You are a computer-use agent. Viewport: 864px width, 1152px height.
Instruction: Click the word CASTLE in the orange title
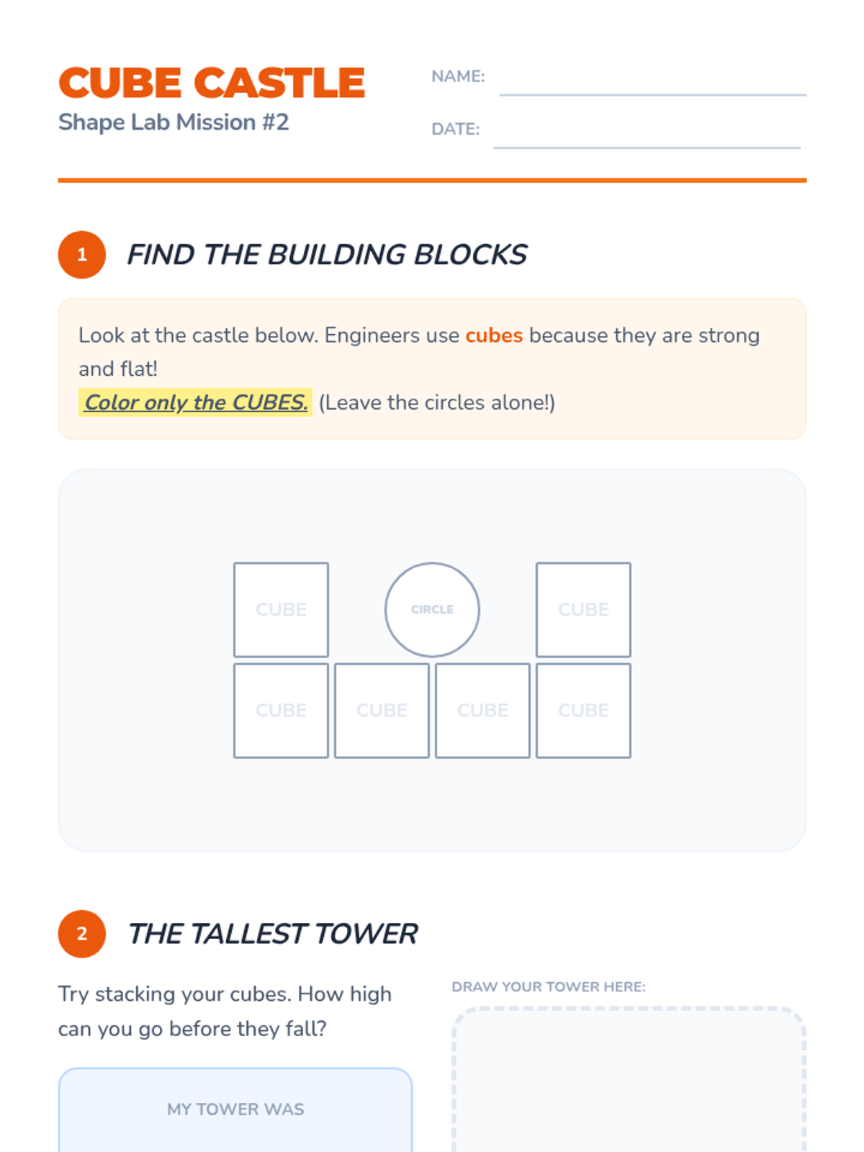point(279,82)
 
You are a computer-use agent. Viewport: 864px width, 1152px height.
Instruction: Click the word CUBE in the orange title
point(120,82)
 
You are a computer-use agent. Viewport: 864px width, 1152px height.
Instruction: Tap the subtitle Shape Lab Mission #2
point(174,122)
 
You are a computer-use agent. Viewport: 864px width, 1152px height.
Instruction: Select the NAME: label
point(458,76)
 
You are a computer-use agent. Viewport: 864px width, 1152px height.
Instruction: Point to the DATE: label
point(455,129)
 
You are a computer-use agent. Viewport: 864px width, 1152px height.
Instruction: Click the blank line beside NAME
point(652,95)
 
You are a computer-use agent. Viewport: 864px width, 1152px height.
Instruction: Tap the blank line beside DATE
point(647,148)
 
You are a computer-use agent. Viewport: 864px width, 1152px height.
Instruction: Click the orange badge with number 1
point(82,255)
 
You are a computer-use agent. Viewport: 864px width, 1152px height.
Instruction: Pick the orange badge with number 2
point(82,934)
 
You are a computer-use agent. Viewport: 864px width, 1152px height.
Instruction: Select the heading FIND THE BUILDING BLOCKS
point(327,255)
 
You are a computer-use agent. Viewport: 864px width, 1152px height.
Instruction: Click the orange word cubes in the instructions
point(494,336)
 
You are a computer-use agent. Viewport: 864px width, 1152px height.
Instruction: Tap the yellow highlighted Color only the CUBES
point(195,402)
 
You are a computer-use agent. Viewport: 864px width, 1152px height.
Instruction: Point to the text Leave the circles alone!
point(436,402)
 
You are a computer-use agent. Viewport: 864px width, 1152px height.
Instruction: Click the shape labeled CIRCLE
point(432,609)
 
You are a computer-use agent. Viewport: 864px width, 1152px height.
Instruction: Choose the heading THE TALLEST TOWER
point(273,934)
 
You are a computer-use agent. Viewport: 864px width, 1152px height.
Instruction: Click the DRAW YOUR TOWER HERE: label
point(548,986)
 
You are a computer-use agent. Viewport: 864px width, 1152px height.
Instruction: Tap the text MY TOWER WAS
point(235,1109)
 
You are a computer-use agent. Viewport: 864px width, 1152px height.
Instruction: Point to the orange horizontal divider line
point(432,181)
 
